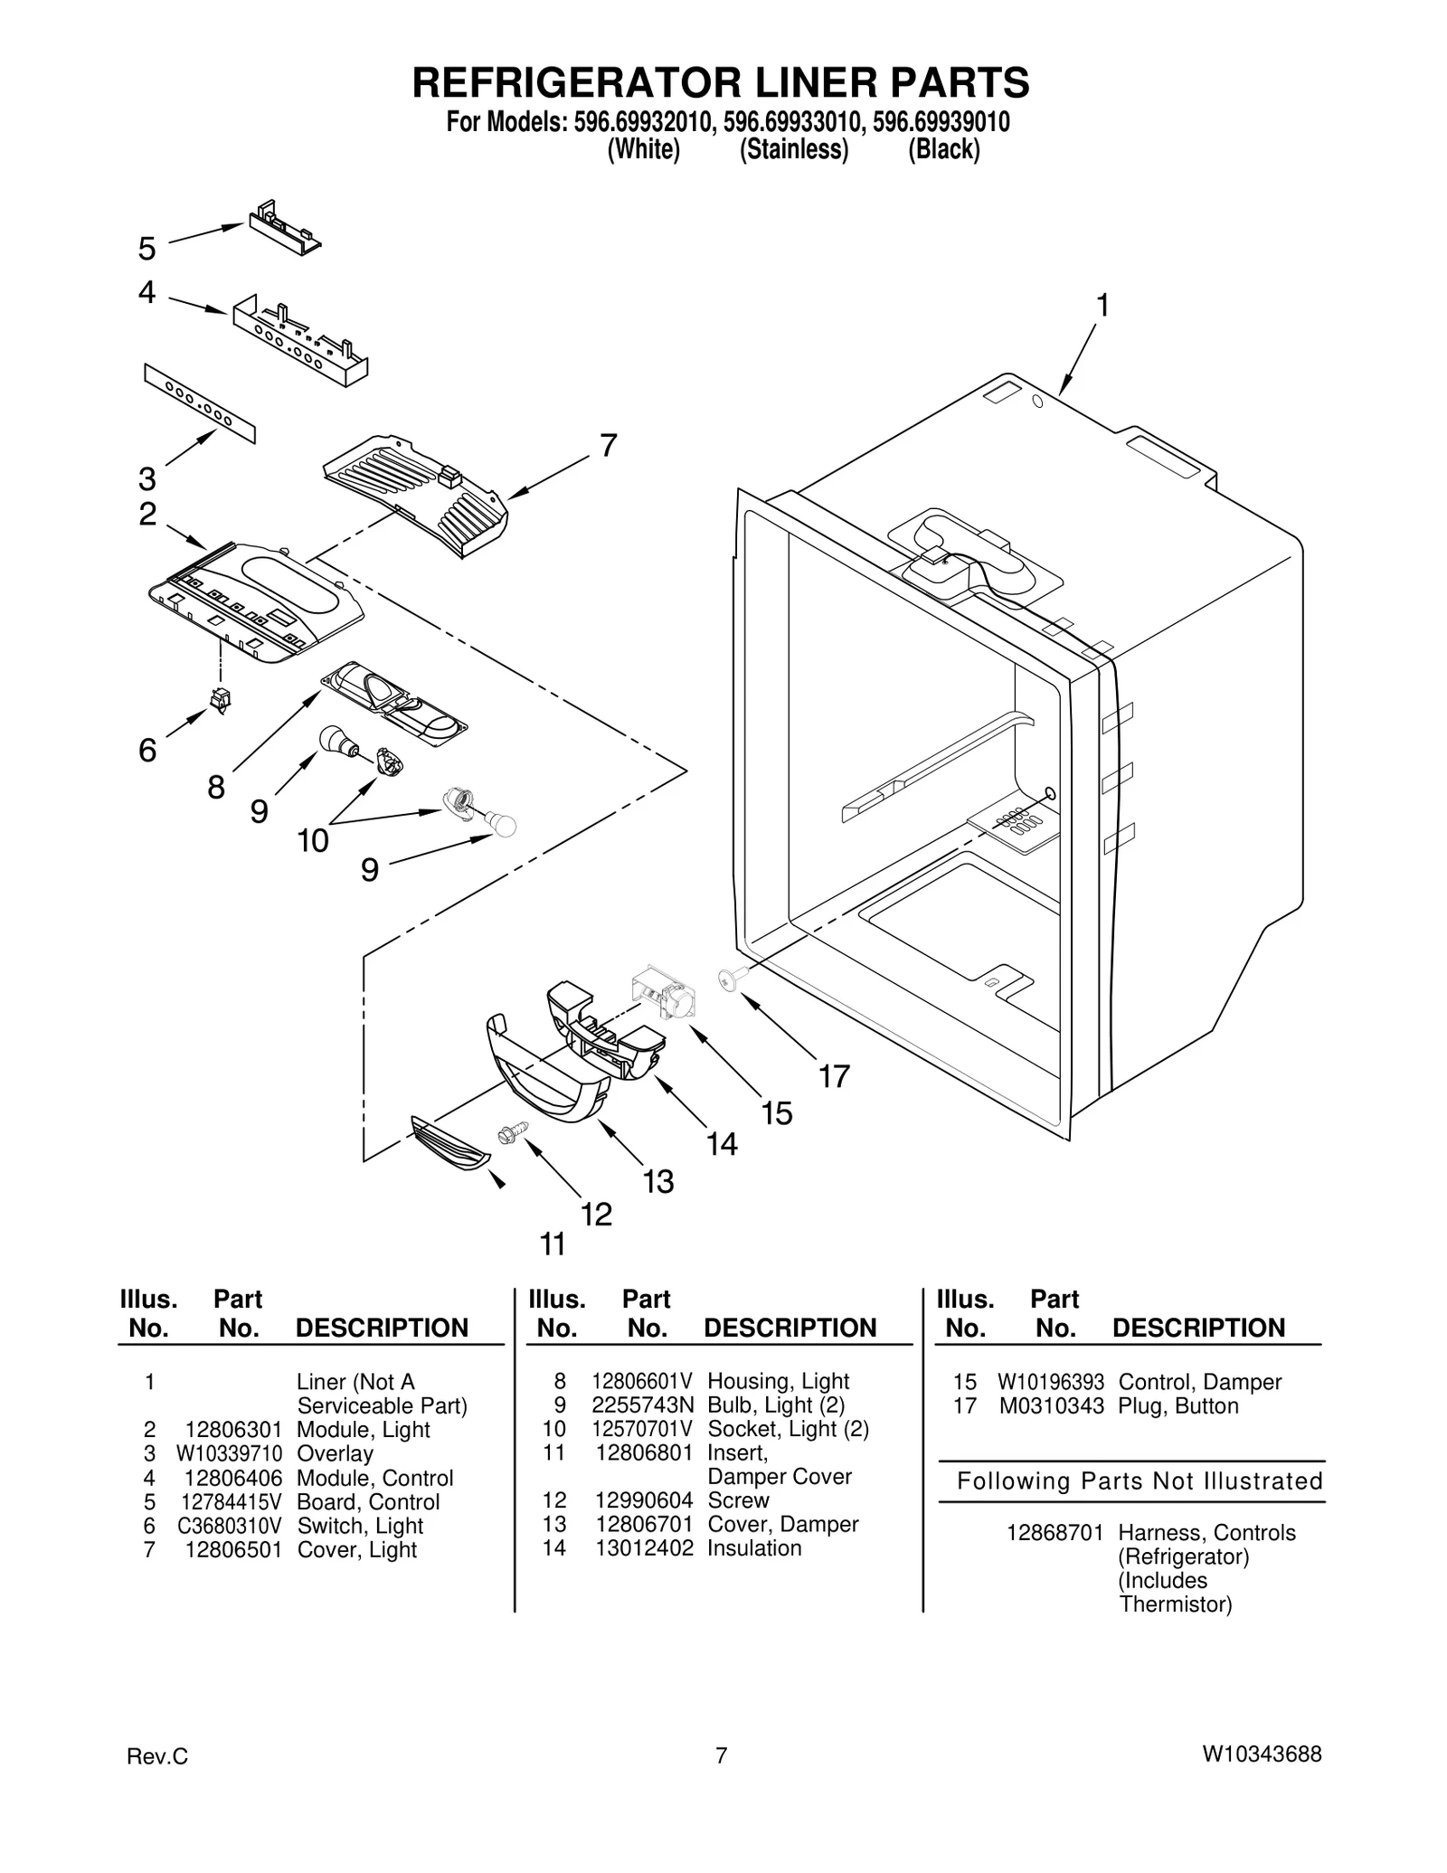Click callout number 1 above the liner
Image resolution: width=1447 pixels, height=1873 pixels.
pyautogui.click(x=1102, y=306)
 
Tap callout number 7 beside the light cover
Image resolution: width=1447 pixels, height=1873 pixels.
pyautogui.click(x=609, y=445)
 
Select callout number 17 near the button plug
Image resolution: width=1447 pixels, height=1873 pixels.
pyautogui.click(x=834, y=1076)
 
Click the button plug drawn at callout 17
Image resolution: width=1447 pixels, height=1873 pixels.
pyautogui.click(x=730, y=978)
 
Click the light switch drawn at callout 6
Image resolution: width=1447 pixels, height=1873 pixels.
pyautogui.click(x=220, y=699)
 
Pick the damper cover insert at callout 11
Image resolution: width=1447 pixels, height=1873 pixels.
pyautogui.click(x=449, y=1145)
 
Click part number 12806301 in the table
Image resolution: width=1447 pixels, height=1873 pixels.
pyautogui.click(x=233, y=1430)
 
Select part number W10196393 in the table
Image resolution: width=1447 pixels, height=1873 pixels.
pyautogui.click(x=1051, y=1382)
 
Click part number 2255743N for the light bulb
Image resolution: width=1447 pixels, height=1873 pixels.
pyautogui.click(x=643, y=1405)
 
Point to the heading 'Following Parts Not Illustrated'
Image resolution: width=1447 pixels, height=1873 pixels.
pyautogui.click(x=1140, y=1480)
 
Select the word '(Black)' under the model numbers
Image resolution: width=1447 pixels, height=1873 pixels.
pyautogui.click(x=944, y=148)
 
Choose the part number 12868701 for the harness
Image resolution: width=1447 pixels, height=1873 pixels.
pyautogui.click(x=1055, y=1532)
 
